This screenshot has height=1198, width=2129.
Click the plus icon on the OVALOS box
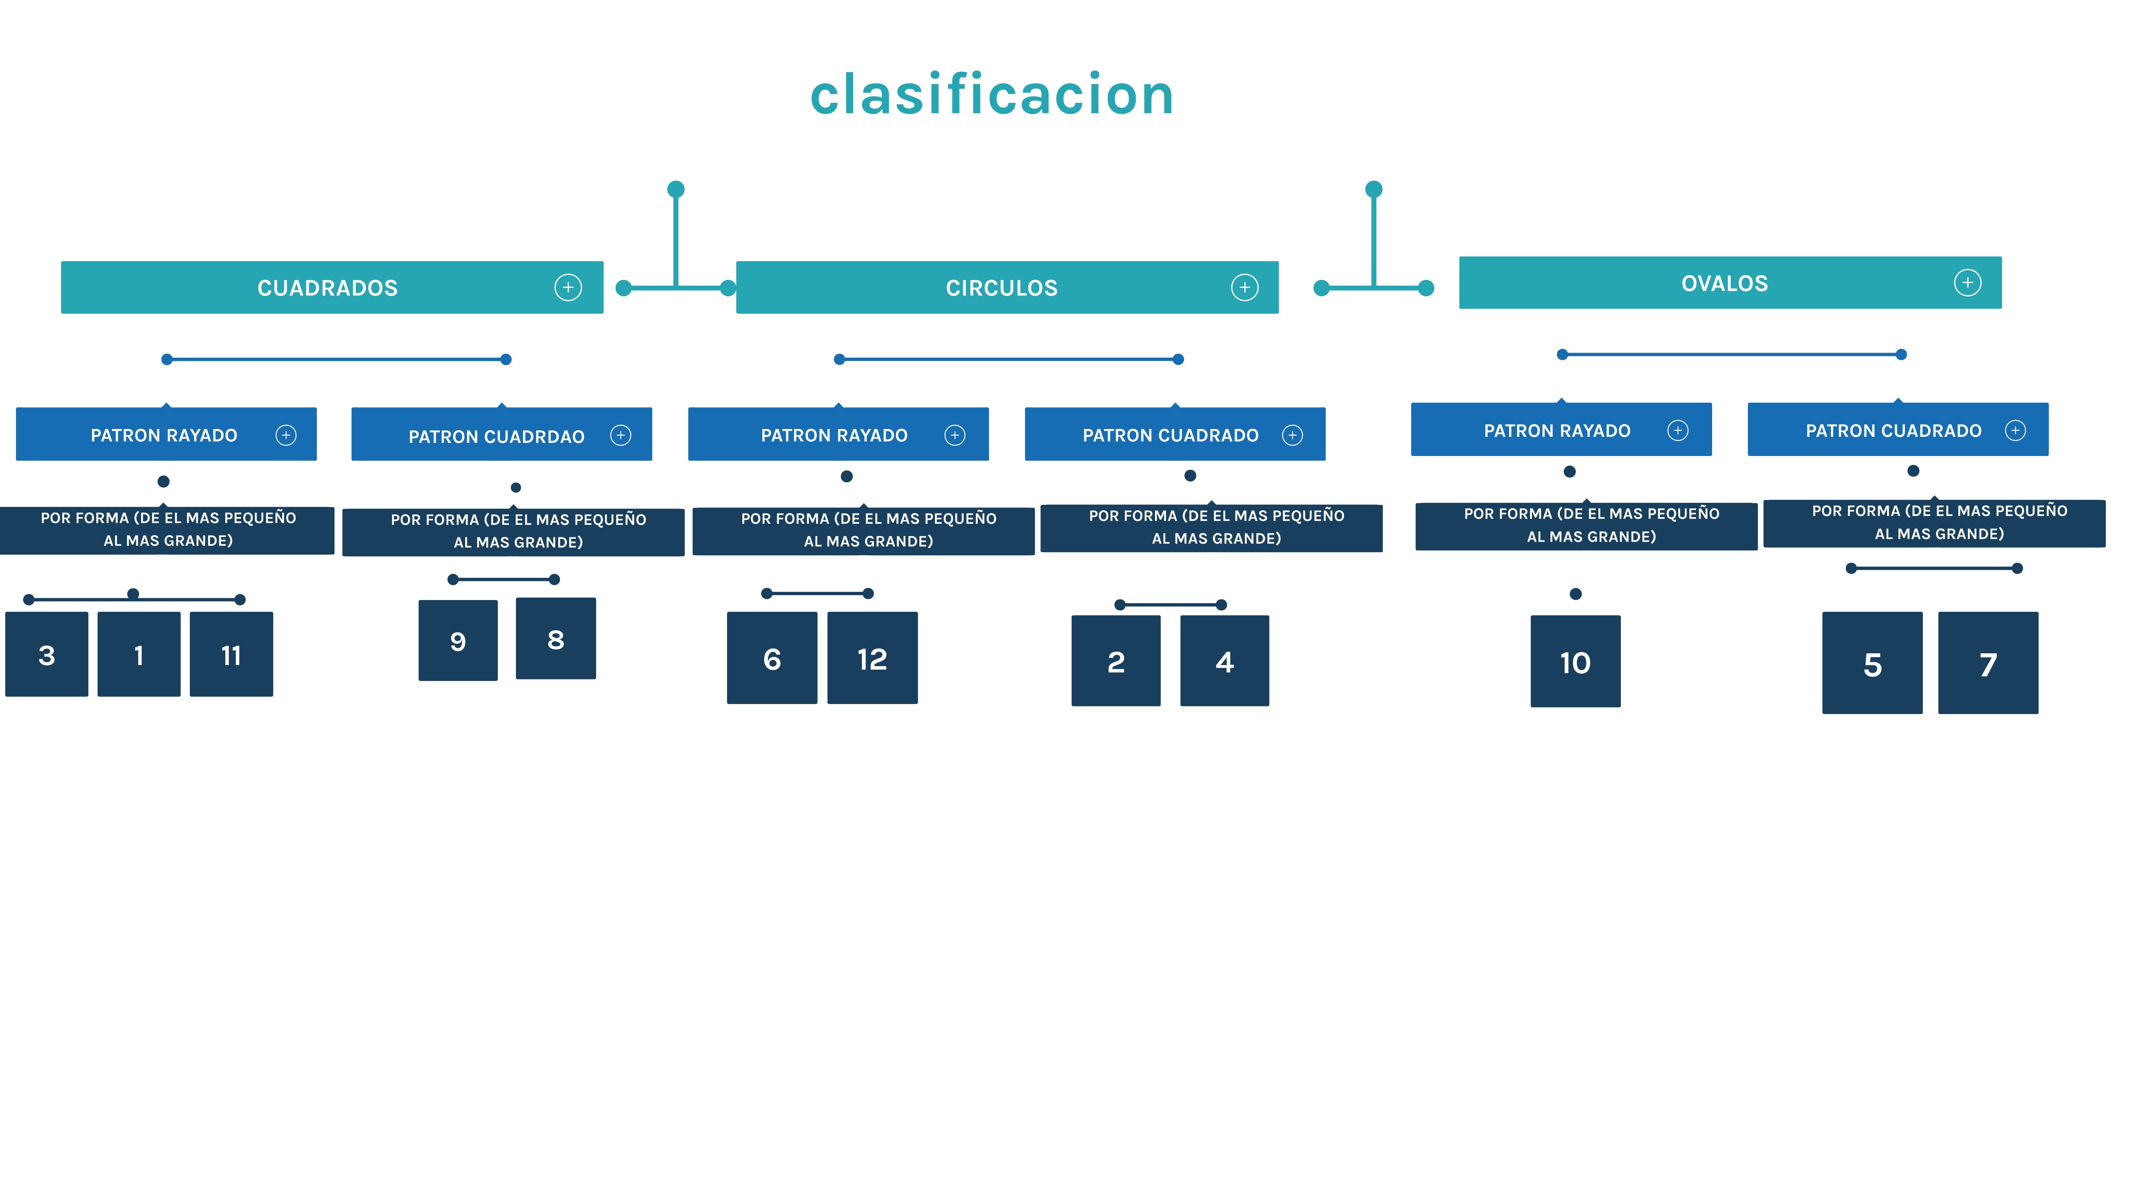[1967, 283]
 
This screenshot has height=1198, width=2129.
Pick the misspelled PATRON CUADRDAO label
[496, 436]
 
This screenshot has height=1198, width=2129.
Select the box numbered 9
[458, 641]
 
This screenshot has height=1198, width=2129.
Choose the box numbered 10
[1575, 661]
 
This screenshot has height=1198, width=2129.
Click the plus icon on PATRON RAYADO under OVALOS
[1677, 430]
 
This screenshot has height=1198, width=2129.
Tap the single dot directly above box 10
[1575, 594]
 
